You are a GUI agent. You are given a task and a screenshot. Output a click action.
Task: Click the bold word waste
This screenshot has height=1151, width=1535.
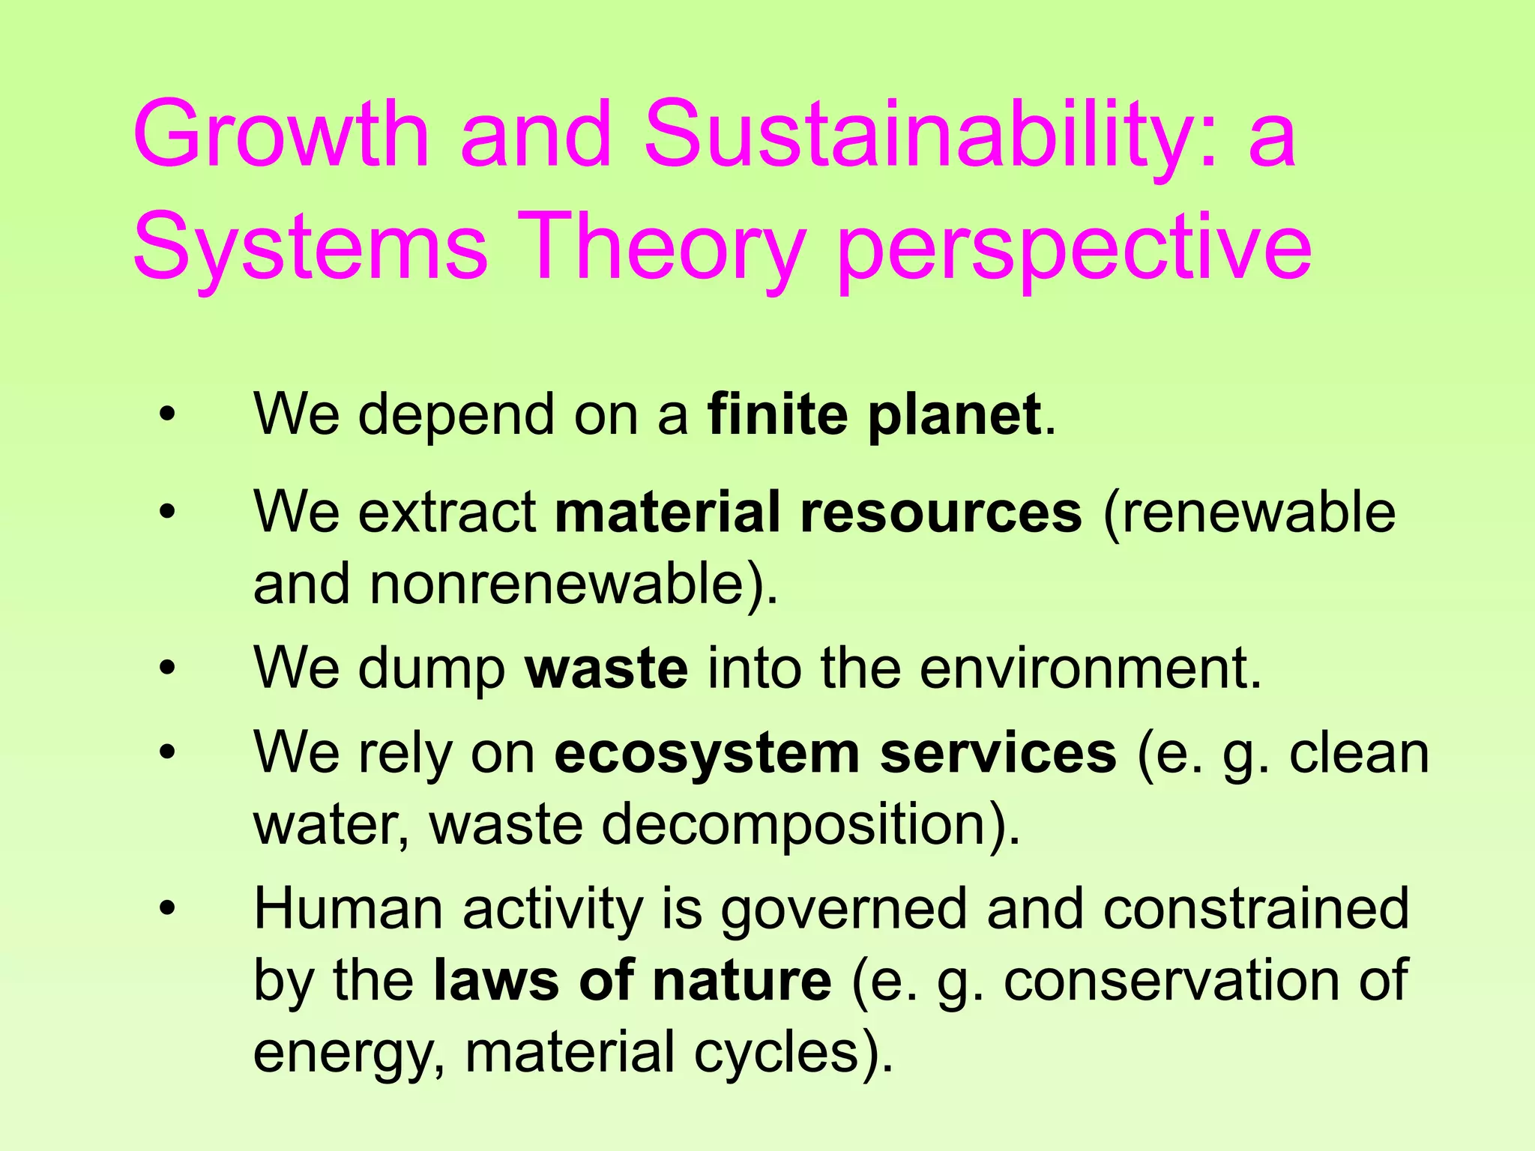[x=606, y=668]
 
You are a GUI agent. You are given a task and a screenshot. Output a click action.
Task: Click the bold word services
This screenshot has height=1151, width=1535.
[x=998, y=753]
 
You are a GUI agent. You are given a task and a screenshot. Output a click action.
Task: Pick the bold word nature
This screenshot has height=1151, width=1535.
[x=741, y=980]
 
